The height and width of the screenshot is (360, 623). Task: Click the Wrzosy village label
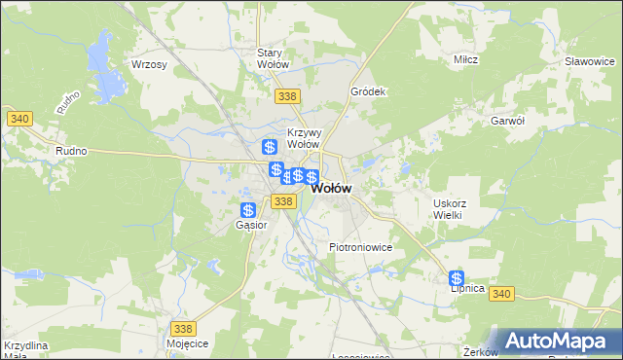pos(149,64)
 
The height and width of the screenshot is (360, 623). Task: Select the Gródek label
pos(369,91)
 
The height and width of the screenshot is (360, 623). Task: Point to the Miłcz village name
pos(465,60)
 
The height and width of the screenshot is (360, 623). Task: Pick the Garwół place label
pos(508,121)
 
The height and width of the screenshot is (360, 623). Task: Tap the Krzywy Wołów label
pos(305,138)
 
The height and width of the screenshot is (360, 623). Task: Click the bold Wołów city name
pos(331,189)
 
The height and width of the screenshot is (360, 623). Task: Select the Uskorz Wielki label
pos(450,209)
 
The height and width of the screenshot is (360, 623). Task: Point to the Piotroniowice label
pos(360,247)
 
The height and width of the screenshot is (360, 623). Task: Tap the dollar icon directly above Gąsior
pos(248,210)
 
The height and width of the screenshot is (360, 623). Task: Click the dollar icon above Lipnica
pos(457,277)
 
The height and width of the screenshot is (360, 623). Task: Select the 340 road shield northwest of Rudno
pos(19,119)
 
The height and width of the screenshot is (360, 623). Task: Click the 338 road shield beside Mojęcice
pos(183,329)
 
